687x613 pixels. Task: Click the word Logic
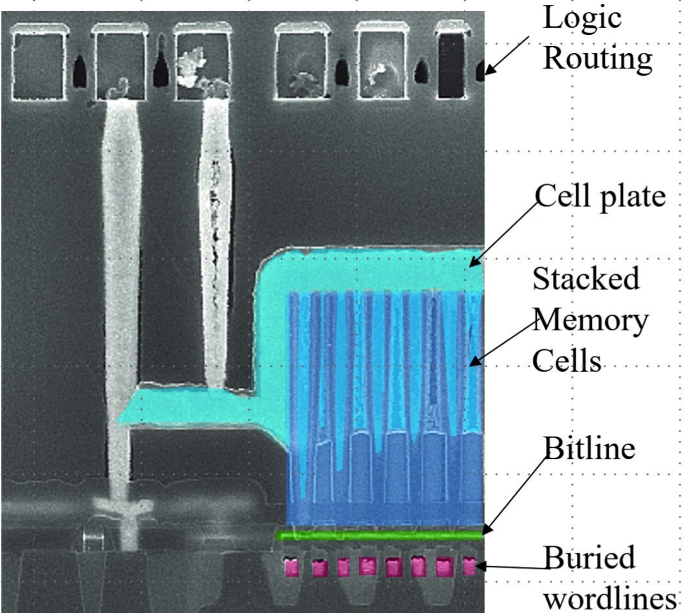582,18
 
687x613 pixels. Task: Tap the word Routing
598,58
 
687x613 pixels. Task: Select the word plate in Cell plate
633,196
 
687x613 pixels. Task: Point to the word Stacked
586,279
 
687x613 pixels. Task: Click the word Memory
591,320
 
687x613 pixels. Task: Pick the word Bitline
589,448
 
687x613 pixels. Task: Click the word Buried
589,558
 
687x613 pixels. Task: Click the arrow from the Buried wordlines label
510,566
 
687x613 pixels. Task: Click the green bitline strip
380,535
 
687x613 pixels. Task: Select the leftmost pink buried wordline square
292,567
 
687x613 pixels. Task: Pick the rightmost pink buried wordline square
469,566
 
